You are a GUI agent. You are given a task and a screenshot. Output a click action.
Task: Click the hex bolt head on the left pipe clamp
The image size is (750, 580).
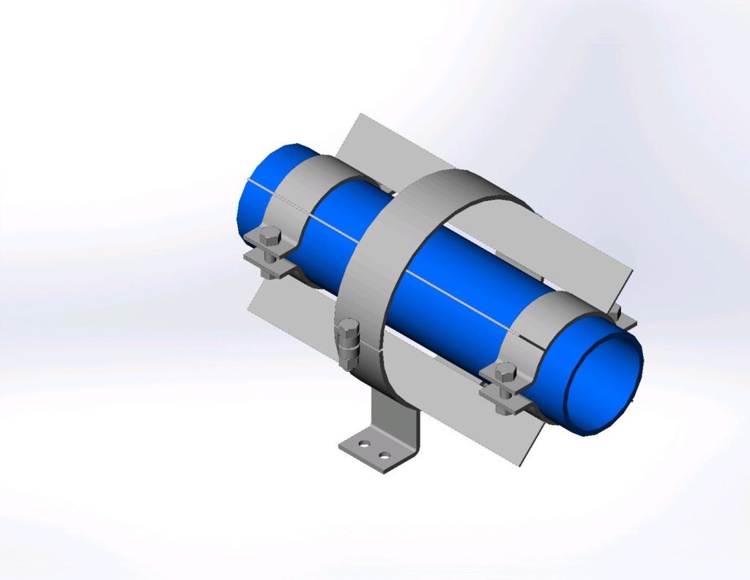(x=270, y=237)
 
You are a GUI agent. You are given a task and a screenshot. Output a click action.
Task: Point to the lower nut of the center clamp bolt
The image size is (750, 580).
(x=350, y=359)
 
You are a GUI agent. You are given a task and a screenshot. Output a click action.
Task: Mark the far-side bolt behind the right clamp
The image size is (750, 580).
(x=615, y=313)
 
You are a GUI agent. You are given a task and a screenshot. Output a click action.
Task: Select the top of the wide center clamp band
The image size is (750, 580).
(x=447, y=183)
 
